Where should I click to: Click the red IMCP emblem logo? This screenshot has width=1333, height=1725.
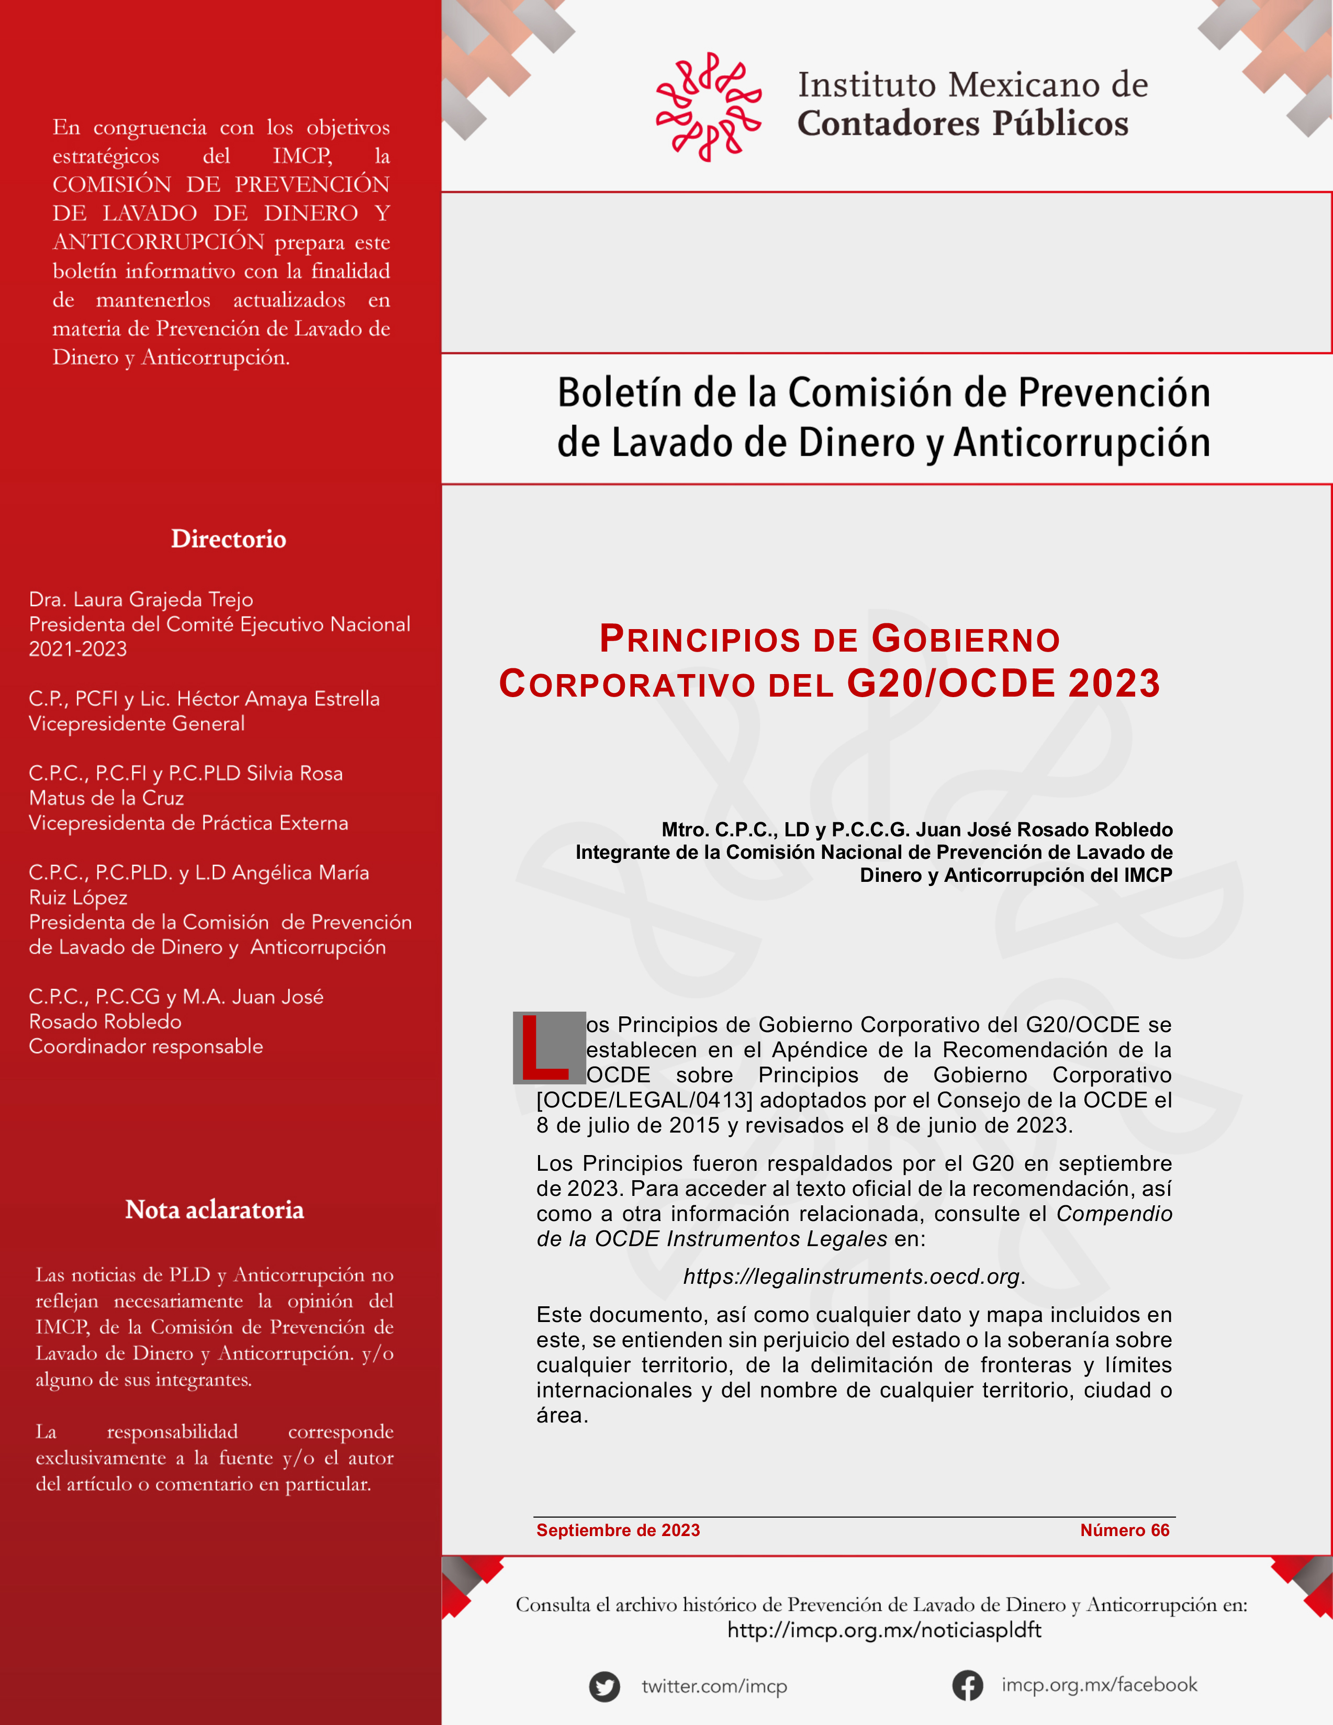tap(708, 107)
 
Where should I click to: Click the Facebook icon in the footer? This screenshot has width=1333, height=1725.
tap(967, 1686)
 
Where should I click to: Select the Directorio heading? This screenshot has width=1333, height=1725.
tap(228, 539)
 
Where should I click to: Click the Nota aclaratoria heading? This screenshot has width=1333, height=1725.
tap(214, 1209)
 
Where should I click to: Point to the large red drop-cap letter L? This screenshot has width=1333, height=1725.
tap(544, 1048)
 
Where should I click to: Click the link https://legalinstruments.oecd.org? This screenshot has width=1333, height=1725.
tap(852, 1276)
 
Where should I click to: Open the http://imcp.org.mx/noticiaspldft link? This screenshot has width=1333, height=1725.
tap(883, 1630)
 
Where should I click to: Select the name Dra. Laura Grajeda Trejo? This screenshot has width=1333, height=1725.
tap(141, 599)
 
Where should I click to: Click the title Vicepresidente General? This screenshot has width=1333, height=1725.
tap(137, 723)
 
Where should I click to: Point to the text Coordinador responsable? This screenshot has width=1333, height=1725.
tap(146, 1047)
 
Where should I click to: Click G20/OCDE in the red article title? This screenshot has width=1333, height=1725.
tap(951, 683)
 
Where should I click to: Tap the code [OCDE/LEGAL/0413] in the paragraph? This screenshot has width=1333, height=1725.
tap(644, 1100)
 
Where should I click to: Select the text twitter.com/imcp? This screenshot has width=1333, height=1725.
tap(714, 1686)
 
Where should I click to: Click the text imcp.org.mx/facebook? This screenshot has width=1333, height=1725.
tap(1099, 1685)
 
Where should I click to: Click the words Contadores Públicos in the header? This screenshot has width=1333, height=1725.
tap(962, 123)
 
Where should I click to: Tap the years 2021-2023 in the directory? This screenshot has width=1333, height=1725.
tap(77, 649)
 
